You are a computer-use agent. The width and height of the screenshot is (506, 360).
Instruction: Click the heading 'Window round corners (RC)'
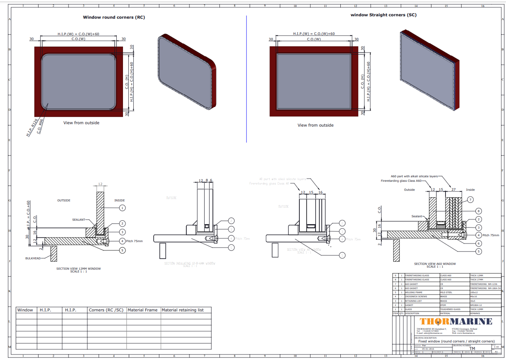[x=114, y=17]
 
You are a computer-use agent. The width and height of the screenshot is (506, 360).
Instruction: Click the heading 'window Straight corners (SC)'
[x=383, y=15]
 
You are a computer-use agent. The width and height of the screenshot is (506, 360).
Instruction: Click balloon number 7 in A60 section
[x=470, y=200]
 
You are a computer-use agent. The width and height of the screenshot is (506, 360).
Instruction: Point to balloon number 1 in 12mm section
[x=122, y=207]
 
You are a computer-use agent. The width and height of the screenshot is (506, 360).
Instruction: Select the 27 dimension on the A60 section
[x=453, y=190]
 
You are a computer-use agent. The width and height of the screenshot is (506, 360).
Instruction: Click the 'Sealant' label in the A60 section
[x=417, y=216]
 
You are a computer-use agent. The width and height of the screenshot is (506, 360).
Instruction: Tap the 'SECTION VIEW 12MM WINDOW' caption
[x=78, y=268]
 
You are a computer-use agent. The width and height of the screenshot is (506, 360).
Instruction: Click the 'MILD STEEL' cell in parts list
[x=447, y=292]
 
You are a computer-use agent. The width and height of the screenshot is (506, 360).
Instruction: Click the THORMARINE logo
[x=456, y=321]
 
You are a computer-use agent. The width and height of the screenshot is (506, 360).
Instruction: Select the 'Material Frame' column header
[x=142, y=310]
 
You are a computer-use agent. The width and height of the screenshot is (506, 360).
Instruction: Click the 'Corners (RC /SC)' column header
[x=106, y=310]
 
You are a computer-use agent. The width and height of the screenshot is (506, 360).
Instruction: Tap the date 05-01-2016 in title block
[x=428, y=349]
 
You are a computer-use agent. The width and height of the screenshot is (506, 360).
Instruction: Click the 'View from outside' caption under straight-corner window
[x=315, y=125]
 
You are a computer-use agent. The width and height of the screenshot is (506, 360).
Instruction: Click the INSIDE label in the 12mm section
[x=119, y=201]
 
